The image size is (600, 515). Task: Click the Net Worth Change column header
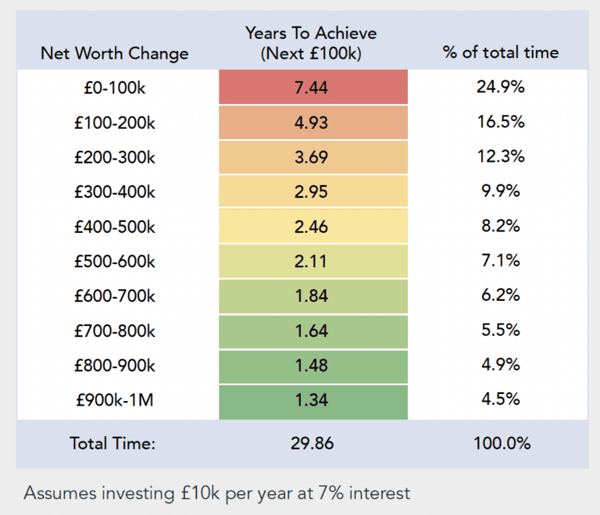pos(114,53)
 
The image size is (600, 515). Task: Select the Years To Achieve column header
pos(311,43)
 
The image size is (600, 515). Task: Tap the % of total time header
pos(500,53)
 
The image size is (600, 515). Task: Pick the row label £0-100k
pos(114,88)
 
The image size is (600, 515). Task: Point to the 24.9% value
pos(500,87)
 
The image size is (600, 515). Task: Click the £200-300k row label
pos(114,157)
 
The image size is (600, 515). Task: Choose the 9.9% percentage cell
pos(500,191)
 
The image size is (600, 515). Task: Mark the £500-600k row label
pos(114,262)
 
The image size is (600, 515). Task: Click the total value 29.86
pos(311,443)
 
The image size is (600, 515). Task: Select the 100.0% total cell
pos(502,443)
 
